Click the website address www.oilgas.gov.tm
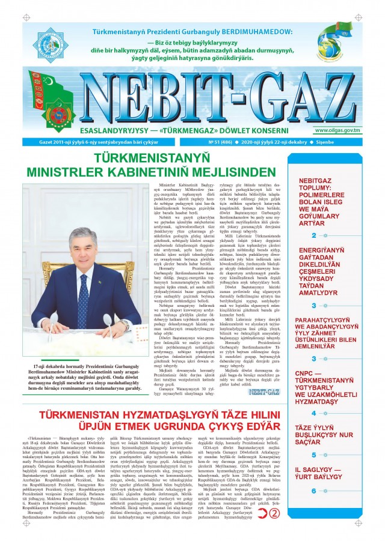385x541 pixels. tap(336, 130)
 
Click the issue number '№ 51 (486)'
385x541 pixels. tap(223, 142)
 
